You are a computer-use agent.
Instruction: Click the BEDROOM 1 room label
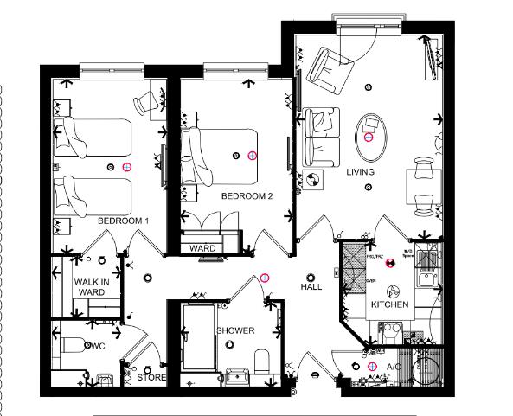(x=123, y=221)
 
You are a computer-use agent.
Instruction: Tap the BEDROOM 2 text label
(x=247, y=196)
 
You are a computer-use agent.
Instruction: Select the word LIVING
(x=361, y=173)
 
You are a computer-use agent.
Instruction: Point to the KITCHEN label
(x=389, y=306)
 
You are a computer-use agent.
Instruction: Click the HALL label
(x=311, y=286)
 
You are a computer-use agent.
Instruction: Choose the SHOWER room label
(x=235, y=331)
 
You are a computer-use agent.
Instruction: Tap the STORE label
(x=151, y=377)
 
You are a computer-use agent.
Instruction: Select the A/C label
(x=394, y=367)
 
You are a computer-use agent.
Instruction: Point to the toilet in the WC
(x=76, y=344)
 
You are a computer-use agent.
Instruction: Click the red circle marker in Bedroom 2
(x=253, y=156)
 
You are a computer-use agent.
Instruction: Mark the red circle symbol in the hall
(x=265, y=278)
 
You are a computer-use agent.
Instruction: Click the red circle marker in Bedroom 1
(x=126, y=166)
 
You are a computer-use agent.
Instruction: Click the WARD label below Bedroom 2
(x=203, y=249)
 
